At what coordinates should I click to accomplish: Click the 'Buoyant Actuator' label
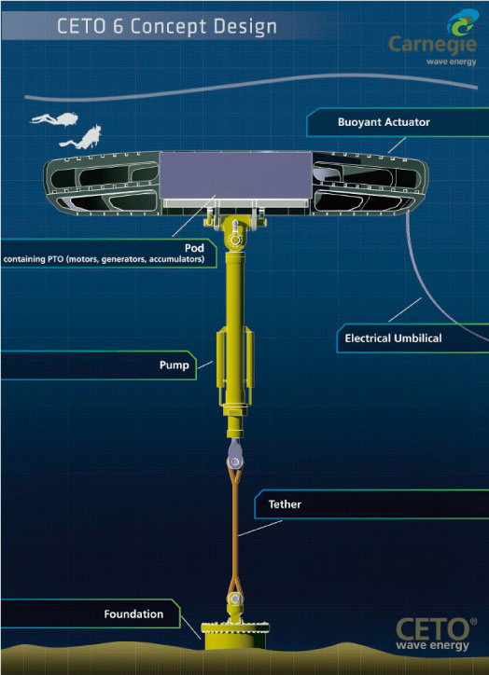pyautogui.click(x=384, y=122)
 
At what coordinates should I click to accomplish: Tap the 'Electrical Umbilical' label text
pyautogui.click(x=393, y=338)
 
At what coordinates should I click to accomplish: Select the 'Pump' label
pyautogui.click(x=175, y=365)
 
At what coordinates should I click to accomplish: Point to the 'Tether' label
pyautogui.click(x=285, y=504)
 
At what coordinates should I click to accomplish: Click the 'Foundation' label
pyautogui.click(x=133, y=613)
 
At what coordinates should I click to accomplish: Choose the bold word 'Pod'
pyautogui.click(x=194, y=248)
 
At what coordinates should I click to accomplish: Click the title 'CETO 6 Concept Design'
pyautogui.click(x=167, y=27)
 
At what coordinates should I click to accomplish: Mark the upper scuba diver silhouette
pyautogui.click(x=56, y=118)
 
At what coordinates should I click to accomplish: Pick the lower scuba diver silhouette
pyautogui.click(x=83, y=136)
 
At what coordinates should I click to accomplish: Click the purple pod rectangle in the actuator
pyautogui.click(x=236, y=175)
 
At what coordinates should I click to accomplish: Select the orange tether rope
pyautogui.click(x=235, y=530)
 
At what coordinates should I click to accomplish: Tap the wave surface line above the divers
pyautogui.click(x=251, y=86)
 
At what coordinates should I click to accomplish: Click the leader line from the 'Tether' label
pyautogui.click(x=260, y=529)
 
